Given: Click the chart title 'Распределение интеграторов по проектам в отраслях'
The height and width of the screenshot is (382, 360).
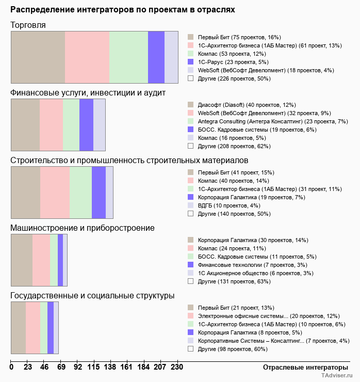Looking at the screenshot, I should coord(123,9).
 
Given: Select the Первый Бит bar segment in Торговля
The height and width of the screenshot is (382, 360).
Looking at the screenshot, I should coord(38,57).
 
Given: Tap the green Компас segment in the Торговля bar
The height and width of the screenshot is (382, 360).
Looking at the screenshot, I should coord(128,57).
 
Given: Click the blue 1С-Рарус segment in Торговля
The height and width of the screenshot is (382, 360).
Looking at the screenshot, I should coord(156,57).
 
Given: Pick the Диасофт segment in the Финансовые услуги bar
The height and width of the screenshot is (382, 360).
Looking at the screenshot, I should coord(25,124).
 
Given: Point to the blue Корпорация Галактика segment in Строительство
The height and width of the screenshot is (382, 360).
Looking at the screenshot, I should coord(99,193).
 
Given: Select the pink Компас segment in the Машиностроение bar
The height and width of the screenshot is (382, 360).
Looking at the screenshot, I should coord(41,260).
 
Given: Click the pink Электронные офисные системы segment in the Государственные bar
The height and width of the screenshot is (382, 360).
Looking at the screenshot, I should coord(33,327).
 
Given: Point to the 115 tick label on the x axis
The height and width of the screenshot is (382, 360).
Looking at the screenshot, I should coord(93,368).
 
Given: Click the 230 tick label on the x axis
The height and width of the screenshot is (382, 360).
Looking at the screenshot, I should coord(177,368).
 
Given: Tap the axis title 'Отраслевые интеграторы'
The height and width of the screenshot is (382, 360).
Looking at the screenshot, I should coord(302,367).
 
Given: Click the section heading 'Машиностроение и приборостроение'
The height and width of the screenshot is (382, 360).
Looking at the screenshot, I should coord(83,228).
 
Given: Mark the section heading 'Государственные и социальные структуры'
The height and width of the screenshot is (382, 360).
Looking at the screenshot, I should coord(92,295).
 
